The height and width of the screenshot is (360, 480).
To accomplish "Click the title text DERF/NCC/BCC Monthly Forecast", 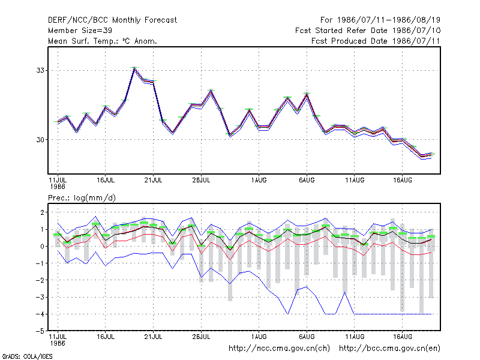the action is (112, 20).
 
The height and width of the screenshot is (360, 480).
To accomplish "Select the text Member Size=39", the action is (80, 31).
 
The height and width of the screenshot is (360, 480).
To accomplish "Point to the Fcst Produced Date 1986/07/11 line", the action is (376, 41).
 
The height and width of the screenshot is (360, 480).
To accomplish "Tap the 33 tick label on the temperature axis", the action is (40, 70).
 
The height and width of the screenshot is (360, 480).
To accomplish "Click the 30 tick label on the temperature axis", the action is (40, 140).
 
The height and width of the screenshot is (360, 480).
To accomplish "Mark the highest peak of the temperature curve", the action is (134, 68).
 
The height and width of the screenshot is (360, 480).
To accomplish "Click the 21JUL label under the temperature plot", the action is (153, 180).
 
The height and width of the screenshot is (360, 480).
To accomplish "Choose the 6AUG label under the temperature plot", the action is (307, 180).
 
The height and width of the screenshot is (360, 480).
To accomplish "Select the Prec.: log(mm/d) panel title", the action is (82, 198).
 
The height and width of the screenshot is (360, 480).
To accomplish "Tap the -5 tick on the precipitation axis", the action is (40, 331).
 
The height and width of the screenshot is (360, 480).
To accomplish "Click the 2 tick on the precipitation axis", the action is (42, 212).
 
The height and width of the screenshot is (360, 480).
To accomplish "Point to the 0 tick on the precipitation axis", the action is (42, 247).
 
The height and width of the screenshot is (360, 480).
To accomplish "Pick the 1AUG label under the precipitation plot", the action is (259, 337).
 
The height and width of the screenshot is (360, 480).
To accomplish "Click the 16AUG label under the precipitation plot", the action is (402, 337).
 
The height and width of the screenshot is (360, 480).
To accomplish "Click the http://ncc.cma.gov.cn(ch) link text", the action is (279, 349).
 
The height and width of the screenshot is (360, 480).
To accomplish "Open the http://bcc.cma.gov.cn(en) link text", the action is (389, 349).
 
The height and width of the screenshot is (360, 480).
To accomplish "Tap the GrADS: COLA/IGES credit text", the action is (27, 356).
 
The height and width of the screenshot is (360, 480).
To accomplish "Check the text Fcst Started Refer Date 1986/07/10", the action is (368, 31).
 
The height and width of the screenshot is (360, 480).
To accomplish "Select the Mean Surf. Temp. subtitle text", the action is (103, 41).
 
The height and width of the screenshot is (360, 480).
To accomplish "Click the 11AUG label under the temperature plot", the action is (355, 180).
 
